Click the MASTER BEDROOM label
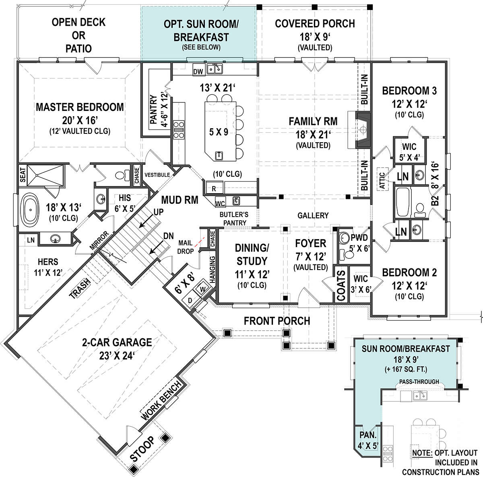(80, 107)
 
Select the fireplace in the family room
(362, 129)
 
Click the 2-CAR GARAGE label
(117, 342)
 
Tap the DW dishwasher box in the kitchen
(198, 71)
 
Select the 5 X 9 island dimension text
(219, 132)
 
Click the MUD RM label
(180, 200)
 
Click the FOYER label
(310, 244)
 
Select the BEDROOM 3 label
(409, 91)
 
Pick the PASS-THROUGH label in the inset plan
(419, 381)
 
